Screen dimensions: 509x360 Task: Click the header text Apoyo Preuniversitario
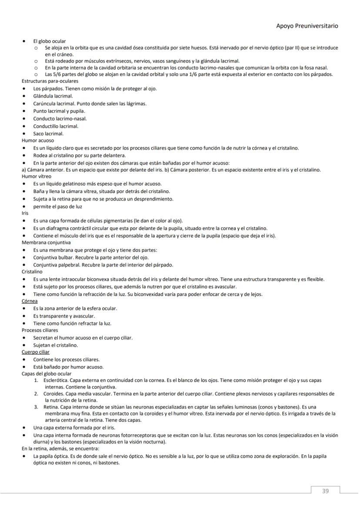(307, 26)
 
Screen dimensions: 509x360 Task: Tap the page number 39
(325, 491)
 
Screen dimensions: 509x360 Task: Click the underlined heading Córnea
(30, 301)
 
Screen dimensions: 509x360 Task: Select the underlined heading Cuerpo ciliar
(36, 352)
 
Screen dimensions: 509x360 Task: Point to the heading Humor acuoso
(38, 141)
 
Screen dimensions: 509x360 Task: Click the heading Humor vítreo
(37, 176)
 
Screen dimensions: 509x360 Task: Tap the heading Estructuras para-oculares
(50, 81)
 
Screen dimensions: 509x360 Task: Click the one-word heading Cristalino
(32, 271)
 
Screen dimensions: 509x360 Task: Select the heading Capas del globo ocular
(47, 374)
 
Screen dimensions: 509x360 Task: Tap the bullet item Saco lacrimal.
(48, 133)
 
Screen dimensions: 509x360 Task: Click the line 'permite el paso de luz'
(57, 206)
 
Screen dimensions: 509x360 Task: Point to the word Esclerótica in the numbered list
(56, 380)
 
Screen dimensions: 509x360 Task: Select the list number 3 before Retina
(37, 407)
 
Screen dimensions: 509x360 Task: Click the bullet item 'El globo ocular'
(50, 41)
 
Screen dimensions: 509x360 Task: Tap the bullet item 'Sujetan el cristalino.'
(56, 345)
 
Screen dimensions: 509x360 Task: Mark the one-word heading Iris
(25, 213)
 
